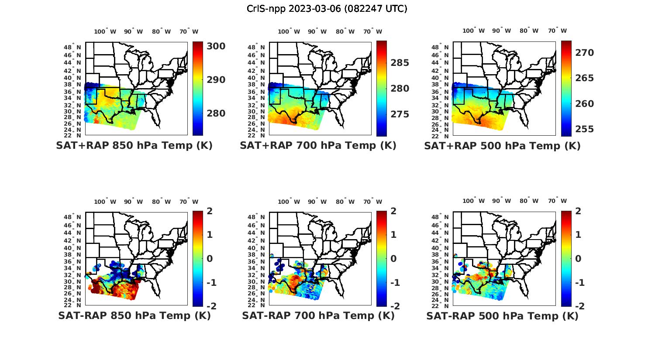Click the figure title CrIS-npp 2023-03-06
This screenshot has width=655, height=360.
pos(327,9)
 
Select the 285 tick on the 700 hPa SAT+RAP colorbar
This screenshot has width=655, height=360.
pos(400,63)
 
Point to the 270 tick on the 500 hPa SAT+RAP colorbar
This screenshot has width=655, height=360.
pos(585,53)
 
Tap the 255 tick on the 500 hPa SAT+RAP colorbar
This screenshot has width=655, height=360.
pos(585,129)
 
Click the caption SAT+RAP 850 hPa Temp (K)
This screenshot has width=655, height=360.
pos(134,146)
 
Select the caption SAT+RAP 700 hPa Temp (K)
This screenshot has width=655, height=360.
pos(318,146)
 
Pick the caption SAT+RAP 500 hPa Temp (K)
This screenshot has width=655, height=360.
pos(502,146)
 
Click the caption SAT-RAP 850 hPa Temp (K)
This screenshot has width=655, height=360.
pos(134,316)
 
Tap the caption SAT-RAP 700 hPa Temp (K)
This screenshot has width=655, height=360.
pos(318,316)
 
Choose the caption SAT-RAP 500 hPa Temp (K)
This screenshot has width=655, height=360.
pos(502,316)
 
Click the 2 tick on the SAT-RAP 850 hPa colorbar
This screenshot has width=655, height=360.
pos(209,211)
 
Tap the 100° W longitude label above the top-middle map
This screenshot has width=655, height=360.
pos(289,31)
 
